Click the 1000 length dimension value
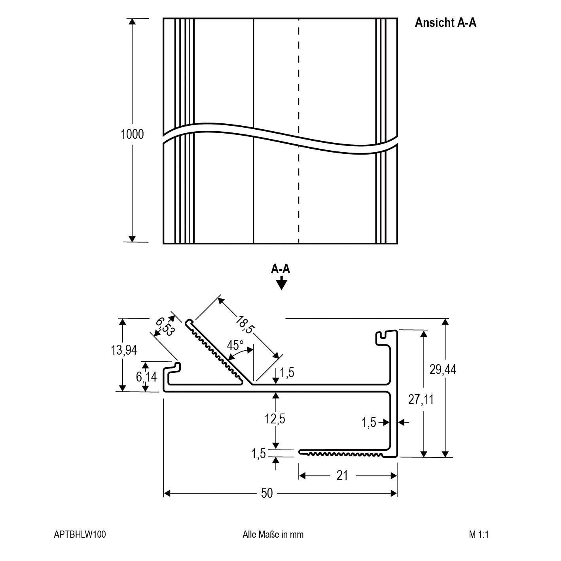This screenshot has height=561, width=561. [x=132, y=134]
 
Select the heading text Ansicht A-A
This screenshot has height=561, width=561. [x=445, y=23]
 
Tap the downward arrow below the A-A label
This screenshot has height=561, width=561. [x=281, y=283]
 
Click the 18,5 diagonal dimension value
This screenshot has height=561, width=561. [x=244, y=324]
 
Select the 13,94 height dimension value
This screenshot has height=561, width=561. [x=124, y=350]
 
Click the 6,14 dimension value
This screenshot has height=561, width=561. [x=146, y=377]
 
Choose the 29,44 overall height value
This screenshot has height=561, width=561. [x=443, y=369]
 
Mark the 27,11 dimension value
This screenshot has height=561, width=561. [x=421, y=400]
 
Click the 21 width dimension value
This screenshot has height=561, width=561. [x=342, y=475]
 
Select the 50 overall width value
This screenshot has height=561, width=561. [x=267, y=493]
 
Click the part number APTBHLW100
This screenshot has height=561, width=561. [x=80, y=535]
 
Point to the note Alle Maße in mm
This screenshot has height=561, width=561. [x=273, y=535]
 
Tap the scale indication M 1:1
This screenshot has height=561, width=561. [x=479, y=535]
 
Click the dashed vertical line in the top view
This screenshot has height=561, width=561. [x=299, y=79]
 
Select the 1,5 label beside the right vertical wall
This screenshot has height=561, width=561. [x=368, y=423]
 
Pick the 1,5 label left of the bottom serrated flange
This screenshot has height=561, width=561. [x=258, y=454]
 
